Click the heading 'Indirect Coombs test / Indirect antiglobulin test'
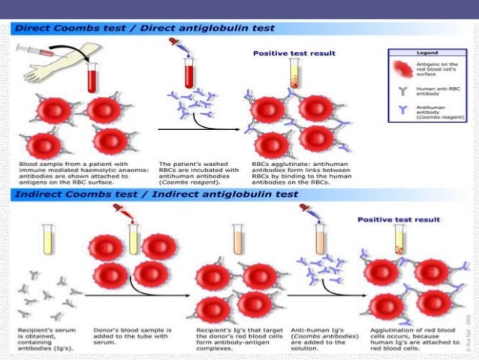click(x=155, y=195)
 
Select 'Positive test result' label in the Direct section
click(x=294, y=53)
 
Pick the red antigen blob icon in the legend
click(x=403, y=68)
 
